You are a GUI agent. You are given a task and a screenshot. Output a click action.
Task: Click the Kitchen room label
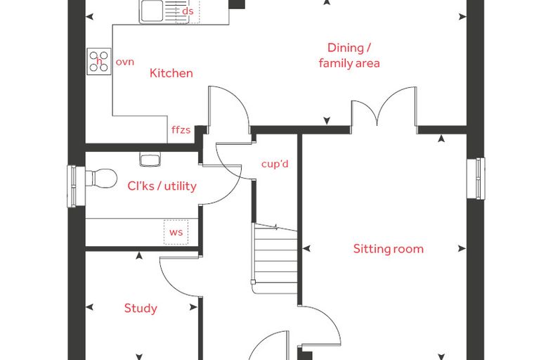171,73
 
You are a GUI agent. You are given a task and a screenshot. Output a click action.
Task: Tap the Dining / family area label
349,56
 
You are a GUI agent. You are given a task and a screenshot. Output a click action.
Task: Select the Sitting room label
389,249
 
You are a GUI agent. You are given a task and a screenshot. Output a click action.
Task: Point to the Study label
141,308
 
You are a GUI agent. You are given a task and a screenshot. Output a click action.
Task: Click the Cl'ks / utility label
162,186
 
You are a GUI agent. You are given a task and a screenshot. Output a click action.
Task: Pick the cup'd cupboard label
275,164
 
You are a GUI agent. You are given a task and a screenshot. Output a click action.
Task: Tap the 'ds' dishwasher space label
188,11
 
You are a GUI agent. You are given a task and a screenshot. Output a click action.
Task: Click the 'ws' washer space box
176,232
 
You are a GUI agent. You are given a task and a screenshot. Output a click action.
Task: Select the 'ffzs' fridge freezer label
181,129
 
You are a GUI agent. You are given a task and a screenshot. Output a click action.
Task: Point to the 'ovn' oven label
125,62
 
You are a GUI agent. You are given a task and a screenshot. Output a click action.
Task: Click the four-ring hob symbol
99,61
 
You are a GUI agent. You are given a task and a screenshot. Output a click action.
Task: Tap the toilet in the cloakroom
100,178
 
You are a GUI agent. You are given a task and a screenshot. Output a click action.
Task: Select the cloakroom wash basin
150,160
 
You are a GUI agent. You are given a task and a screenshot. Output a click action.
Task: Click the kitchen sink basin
152,11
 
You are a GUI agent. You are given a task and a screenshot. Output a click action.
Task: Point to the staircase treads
276,259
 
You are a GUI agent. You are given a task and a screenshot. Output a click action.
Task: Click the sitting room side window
476,178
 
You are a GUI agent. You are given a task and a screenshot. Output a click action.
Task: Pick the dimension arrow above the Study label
139,256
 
